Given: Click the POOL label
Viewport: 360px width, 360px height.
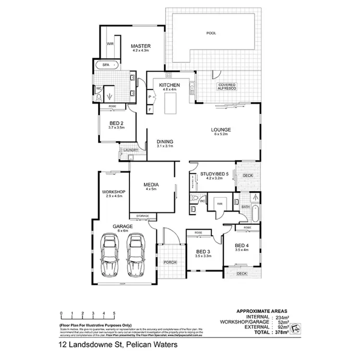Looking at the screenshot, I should pyautogui.click(x=211, y=33).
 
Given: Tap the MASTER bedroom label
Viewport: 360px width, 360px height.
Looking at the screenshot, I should pyautogui.click(x=141, y=47).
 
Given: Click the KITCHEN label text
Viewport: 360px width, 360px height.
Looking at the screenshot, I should pyautogui.click(x=169, y=85).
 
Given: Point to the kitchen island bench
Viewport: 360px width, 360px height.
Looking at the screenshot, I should pyautogui.click(x=171, y=103).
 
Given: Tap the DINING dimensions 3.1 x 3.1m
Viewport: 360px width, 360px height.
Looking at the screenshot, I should pyautogui.click(x=164, y=146).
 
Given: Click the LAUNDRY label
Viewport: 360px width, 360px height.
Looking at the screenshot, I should pyautogui.click(x=131, y=150).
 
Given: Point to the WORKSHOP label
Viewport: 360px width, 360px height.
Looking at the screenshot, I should pyautogui.click(x=113, y=192).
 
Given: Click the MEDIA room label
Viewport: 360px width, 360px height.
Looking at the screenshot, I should pyautogui.click(x=151, y=184).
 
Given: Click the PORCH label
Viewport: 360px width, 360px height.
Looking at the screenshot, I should pyautogui.click(x=170, y=262).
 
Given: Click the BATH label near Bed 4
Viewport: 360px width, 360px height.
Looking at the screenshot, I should pyautogui.click(x=246, y=207).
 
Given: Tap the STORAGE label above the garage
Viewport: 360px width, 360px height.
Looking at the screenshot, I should pyautogui.click(x=143, y=216).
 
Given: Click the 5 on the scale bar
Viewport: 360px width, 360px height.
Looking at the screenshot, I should pyautogui.click(x=114, y=313).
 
